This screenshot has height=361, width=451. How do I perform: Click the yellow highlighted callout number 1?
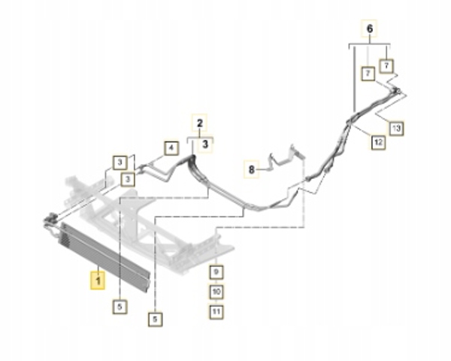pos(98,280)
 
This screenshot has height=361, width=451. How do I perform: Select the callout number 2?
pos(200,123)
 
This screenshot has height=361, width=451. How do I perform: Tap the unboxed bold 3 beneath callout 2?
pos(205,144)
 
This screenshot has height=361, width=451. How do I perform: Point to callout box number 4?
pos(171,148)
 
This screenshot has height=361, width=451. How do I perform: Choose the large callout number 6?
pos(370,29)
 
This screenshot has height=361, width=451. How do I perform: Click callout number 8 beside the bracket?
pos(251,169)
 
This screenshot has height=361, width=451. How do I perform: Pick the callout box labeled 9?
pos(216,272)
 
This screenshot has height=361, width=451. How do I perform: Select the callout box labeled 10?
pos(216,292)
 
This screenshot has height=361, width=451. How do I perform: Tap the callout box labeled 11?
pos(216,311)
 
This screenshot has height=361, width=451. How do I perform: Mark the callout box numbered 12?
pos(378,142)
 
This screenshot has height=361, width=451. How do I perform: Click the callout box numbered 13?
pos(396,128)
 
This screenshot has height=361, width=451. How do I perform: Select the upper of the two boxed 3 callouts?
pos(120,162)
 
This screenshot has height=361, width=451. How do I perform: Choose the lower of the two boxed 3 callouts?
pos(128,180)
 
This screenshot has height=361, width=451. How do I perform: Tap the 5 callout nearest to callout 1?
pos(120,307)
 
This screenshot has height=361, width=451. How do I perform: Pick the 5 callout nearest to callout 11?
pos(156,319)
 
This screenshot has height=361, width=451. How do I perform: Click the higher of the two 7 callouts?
pos(386,66)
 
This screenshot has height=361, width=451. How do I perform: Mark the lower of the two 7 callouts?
pos(368,74)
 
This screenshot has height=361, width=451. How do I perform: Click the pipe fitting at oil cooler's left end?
pos(50,222)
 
